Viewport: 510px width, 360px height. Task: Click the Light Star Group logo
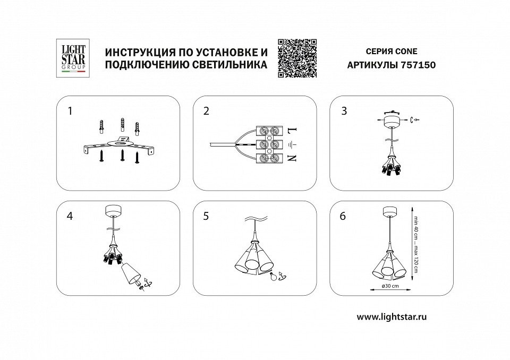(x=73, y=58)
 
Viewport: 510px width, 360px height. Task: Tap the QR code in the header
(x=297, y=58)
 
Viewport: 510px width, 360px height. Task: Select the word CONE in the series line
(x=405, y=52)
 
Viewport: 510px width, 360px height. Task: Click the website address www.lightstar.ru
(x=392, y=317)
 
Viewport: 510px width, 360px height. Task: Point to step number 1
(x=70, y=111)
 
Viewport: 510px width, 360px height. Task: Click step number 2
(x=206, y=111)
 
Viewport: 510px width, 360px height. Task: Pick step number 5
(x=206, y=216)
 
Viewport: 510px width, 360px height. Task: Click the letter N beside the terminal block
(x=292, y=158)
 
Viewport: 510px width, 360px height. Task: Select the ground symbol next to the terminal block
(x=292, y=144)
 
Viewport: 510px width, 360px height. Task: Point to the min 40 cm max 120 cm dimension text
(x=415, y=244)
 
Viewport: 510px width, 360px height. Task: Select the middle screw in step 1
(x=123, y=155)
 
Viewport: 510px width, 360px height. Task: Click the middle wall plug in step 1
(x=122, y=124)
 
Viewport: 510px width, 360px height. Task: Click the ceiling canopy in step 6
(x=389, y=211)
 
